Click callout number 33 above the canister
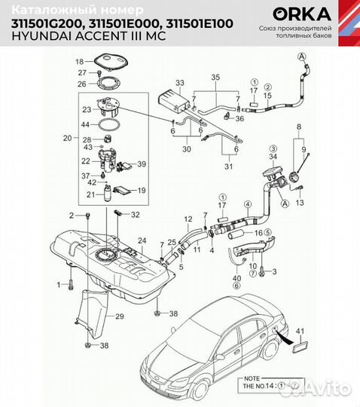click(179, 81)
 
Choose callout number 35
click(215, 78)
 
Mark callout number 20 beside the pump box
click(67, 138)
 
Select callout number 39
click(142, 164)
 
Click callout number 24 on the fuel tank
click(141, 241)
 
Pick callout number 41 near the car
click(301, 331)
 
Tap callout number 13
click(298, 203)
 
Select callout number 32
click(135, 215)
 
